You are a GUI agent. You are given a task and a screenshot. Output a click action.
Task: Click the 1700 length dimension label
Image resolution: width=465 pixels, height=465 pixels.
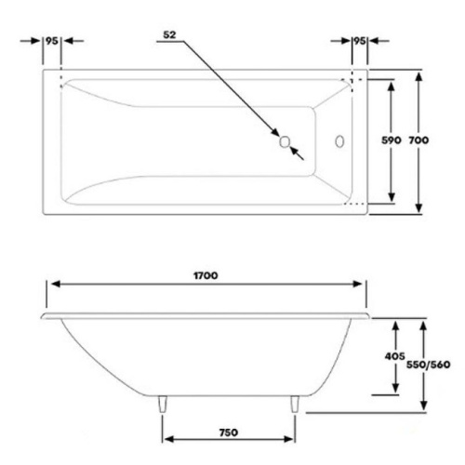click(x=206, y=275)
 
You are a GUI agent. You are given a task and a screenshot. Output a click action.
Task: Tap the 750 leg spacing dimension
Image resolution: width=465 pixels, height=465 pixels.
click(x=229, y=432)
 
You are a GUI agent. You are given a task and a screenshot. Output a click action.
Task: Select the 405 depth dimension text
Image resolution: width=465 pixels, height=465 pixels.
click(x=394, y=356)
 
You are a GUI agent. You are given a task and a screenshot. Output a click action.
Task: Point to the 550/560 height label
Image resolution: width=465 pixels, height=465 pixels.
click(x=428, y=365)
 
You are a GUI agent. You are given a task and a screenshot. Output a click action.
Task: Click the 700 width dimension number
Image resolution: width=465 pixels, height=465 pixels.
click(x=418, y=140)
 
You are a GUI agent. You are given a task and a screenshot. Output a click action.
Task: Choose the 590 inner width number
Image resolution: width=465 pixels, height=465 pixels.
click(x=392, y=140)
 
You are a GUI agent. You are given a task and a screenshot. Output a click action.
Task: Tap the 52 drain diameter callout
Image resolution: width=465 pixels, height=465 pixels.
click(x=169, y=35)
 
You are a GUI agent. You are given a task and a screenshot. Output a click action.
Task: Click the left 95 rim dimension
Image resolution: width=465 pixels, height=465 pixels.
click(x=52, y=41)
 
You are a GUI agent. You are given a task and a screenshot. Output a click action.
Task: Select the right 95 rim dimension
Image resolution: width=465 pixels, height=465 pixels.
click(x=360, y=41)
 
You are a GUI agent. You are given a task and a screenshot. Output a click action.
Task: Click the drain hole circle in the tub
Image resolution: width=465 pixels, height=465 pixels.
click(x=285, y=141)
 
